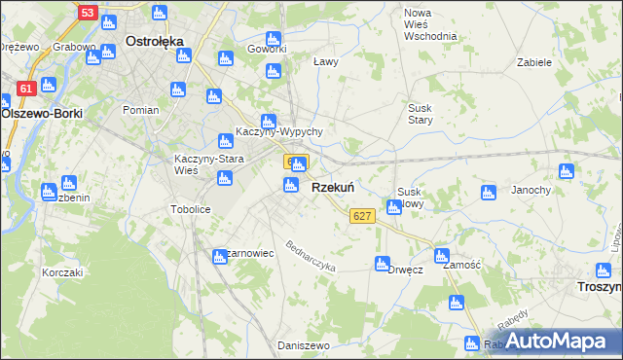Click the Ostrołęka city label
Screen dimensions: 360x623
(156, 42)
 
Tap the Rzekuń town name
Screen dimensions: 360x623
(332, 188)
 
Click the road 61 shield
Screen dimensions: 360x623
(26, 89)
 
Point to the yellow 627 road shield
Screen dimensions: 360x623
(362, 215)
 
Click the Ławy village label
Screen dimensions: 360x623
(325, 62)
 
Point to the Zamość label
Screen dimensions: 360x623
(460, 264)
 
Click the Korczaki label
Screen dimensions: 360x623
(62, 272)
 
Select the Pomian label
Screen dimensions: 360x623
(140, 110)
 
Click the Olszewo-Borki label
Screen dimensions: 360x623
(42, 113)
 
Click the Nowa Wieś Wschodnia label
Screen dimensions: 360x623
(429, 24)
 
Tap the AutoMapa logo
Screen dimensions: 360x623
(560, 341)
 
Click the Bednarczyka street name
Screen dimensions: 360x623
(310, 254)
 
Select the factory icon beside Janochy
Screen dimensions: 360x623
(490, 192)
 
